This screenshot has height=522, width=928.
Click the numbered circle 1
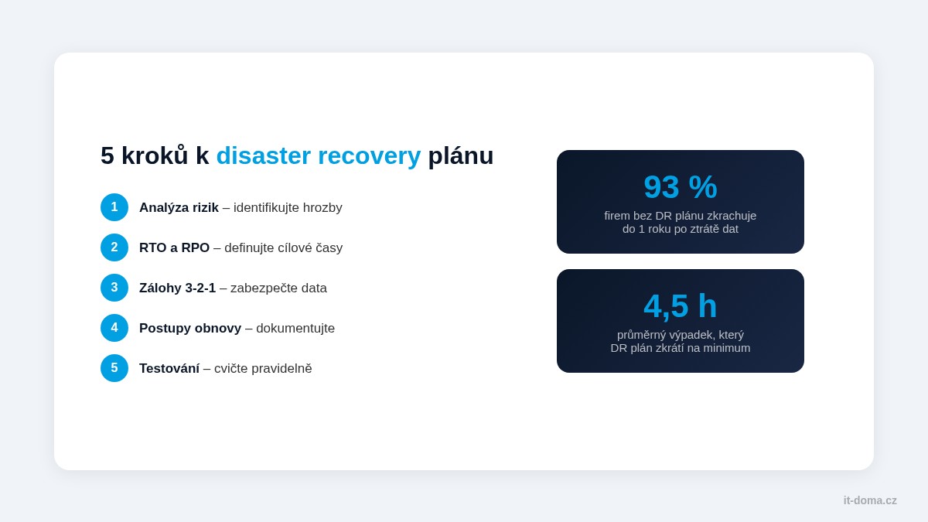click(114, 207)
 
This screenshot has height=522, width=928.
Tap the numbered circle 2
click(114, 247)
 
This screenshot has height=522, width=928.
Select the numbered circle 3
click(114, 288)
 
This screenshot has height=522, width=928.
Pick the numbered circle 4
click(114, 328)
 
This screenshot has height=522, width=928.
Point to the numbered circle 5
click(114, 368)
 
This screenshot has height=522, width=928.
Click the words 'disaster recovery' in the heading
click(318, 155)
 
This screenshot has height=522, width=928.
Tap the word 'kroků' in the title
click(155, 155)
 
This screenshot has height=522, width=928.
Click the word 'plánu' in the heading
click(460, 155)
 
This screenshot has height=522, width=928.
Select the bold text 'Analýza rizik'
click(179, 208)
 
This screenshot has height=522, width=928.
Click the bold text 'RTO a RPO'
click(174, 248)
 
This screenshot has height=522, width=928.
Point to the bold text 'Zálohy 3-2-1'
click(177, 288)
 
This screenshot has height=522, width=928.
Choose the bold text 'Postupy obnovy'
click(190, 329)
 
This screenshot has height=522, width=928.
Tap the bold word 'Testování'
click(169, 369)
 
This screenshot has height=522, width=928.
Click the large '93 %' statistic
click(681, 187)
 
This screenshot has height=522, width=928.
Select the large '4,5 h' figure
click(681, 306)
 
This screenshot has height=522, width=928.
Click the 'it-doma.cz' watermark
click(870, 500)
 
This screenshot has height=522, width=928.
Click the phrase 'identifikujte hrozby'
click(288, 208)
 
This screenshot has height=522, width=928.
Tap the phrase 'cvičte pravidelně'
click(263, 369)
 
